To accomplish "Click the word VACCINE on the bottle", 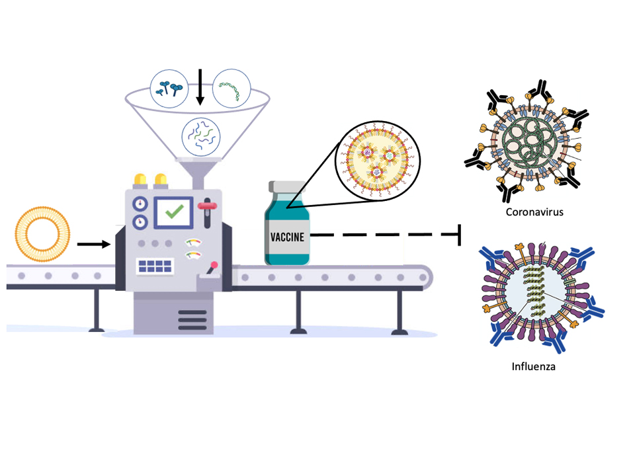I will click(288, 237).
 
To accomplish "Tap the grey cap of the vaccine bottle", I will click(286, 188).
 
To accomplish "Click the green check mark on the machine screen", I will click(174, 212).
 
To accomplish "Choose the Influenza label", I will click(533, 366).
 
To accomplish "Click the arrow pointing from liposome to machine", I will click(93, 245).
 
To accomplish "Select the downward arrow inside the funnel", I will click(200, 89).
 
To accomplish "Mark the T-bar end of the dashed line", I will click(458, 235).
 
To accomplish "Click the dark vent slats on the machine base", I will click(192, 317).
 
